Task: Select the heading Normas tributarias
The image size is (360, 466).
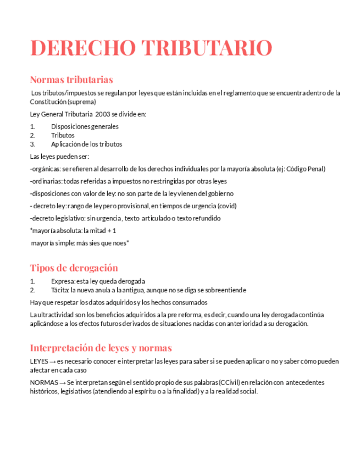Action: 71,79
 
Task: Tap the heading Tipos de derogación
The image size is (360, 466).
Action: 74,268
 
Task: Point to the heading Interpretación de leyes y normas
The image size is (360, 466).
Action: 101,348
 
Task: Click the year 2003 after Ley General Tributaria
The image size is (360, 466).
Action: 103,114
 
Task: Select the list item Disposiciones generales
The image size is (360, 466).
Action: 85,126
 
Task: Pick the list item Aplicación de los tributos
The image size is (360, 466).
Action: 86,145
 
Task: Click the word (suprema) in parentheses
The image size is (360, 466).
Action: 82,102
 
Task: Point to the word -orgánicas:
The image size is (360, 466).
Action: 45,169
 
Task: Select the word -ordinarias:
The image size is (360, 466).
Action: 46,181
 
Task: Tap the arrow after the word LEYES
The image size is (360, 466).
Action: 52,362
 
